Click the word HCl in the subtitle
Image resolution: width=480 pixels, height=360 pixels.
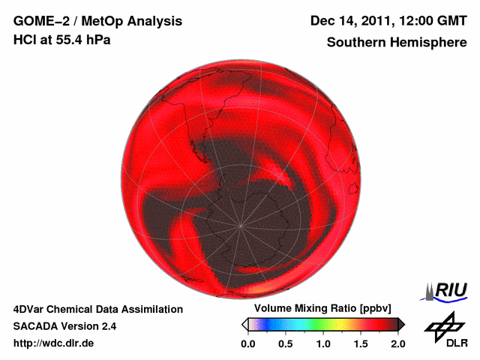(x=25, y=40)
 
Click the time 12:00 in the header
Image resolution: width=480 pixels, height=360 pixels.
(x=414, y=21)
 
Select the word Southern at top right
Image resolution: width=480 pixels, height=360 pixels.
(x=355, y=43)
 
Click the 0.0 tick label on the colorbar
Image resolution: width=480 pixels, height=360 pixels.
(x=248, y=343)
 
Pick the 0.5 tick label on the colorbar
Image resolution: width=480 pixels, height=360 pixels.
(x=286, y=343)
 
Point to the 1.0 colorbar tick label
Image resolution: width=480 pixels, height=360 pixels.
(x=323, y=343)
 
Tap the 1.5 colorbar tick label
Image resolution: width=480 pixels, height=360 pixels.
(x=361, y=343)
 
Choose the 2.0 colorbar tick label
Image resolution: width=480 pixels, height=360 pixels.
(x=397, y=343)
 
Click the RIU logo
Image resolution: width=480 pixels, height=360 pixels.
(x=448, y=290)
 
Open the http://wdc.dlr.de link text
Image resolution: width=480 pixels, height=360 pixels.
(x=54, y=343)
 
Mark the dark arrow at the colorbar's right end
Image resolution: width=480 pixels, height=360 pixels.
(x=401, y=324)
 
